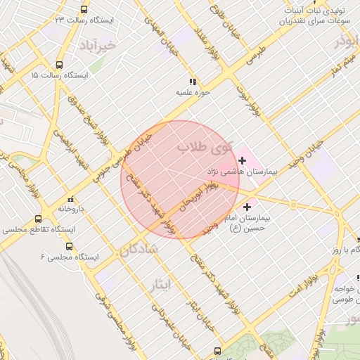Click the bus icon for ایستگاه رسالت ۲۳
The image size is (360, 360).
tap(84, 10)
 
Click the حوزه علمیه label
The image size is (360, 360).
tap(194, 91)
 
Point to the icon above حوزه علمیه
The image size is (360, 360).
tap(194, 81)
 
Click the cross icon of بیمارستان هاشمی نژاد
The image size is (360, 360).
tap(243, 161)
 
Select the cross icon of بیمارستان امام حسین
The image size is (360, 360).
tap(247, 207)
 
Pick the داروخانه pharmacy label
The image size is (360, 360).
tap(71, 209)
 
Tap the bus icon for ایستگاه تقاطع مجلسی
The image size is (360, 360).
tap(38, 219)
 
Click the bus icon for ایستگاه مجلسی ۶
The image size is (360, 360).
tap(69, 246)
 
